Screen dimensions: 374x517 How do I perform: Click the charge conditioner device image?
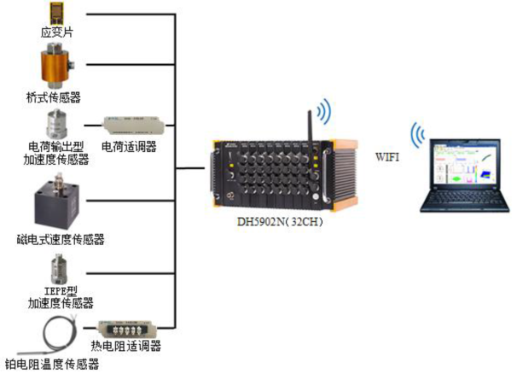[x=129, y=125]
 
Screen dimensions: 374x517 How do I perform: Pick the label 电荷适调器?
[x=129, y=146]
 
